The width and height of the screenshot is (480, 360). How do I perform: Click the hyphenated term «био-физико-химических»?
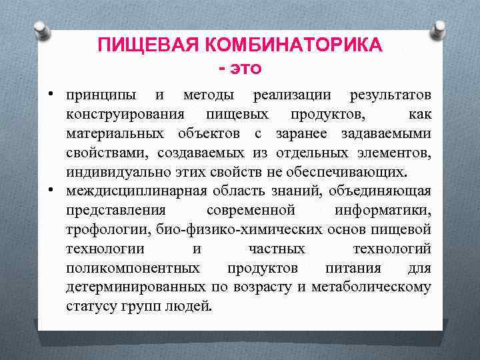coord(240,230)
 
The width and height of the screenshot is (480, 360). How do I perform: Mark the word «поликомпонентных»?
coord(132,269)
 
